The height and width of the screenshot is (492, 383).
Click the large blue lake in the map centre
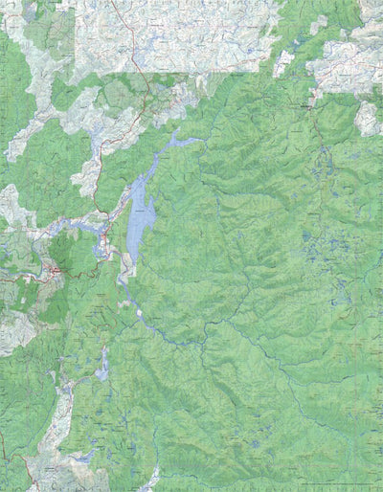pos(141,215)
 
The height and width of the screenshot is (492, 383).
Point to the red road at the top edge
pos(117,11)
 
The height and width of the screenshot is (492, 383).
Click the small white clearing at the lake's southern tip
pos(140,312)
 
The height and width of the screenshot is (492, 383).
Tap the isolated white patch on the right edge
pos(367,119)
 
